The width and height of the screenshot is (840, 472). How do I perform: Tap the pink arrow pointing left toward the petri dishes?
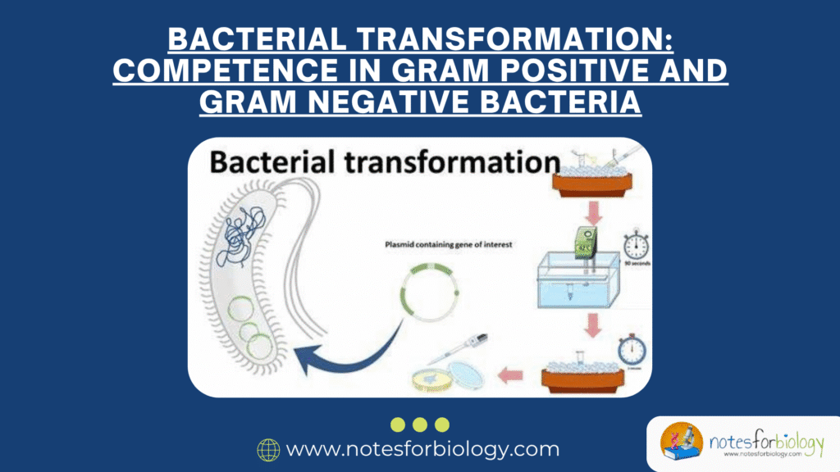511,376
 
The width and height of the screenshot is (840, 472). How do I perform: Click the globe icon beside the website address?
268,449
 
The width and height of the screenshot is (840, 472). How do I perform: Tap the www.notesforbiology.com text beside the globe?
422,449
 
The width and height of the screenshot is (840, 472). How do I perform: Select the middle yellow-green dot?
420,424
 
